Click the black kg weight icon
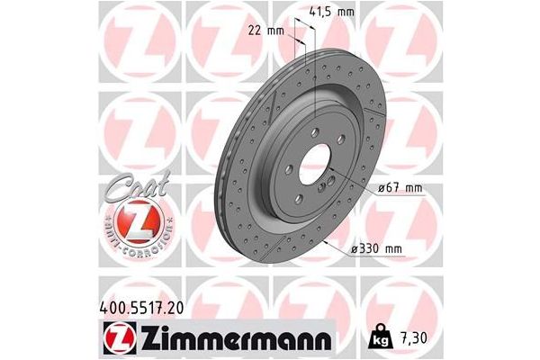coord(381,341)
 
